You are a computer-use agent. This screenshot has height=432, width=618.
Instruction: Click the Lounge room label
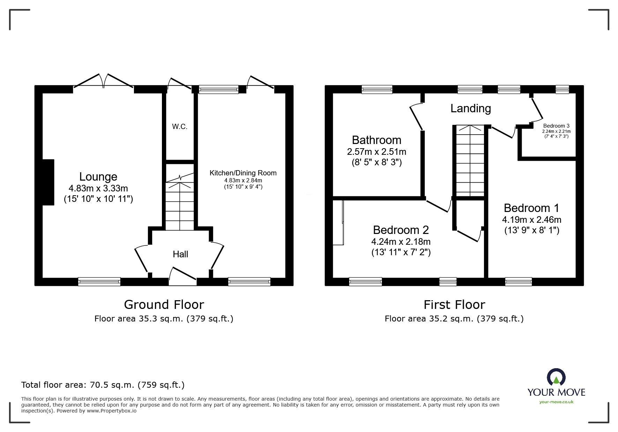click(x=98, y=177)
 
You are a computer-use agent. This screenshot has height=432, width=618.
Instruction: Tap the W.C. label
click(x=180, y=127)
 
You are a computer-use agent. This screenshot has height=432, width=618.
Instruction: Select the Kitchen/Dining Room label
click(x=243, y=173)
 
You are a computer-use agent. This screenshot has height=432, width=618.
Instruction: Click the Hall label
click(x=180, y=254)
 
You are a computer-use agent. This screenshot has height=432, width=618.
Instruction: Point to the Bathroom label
click(x=377, y=140)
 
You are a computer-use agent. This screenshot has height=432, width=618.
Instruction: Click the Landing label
click(x=470, y=108)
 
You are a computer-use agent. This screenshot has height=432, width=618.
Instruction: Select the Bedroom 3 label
click(x=556, y=126)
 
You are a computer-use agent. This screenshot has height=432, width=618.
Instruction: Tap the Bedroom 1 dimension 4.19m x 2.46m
click(x=531, y=220)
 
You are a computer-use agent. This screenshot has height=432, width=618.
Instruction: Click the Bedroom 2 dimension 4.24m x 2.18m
click(x=401, y=242)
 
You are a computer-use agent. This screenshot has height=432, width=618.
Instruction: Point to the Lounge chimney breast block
click(x=48, y=182)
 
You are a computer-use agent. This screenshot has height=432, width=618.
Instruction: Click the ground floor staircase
click(x=179, y=206)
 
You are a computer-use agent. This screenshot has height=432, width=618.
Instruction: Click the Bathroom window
click(x=377, y=90)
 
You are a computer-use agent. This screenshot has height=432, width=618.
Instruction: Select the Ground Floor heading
click(x=164, y=305)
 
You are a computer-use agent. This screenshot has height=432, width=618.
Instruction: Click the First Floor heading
click(x=454, y=305)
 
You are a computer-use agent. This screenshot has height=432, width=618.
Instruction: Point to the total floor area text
click(x=103, y=385)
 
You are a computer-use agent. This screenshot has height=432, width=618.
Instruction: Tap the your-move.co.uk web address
click(x=556, y=402)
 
